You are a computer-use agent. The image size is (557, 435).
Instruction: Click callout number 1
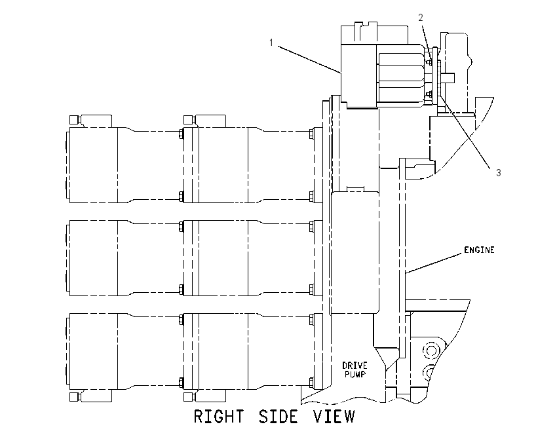(x=271, y=43)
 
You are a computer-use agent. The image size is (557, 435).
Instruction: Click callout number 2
(x=421, y=18)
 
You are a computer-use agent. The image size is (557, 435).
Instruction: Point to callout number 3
(x=499, y=172)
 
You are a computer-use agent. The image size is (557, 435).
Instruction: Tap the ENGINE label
(x=479, y=250)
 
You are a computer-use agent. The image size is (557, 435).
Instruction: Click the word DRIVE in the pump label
(x=355, y=366)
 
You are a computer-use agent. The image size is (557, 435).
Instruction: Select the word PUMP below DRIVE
(x=355, y=374)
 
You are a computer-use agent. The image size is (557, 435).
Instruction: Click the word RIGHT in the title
(x=219, y=417)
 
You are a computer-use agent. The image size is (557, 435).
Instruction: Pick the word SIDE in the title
(x=278, y=417)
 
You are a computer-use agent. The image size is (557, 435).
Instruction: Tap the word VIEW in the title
(x=334, y=417)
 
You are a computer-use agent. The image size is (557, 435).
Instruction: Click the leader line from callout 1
(x=309, y=59)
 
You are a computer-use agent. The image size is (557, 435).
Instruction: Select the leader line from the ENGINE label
(x=435, y=263)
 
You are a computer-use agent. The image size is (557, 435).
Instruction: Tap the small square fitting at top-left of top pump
(x=73, y=119)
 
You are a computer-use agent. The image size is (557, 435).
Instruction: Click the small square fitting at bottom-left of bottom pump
(x=73, y=396)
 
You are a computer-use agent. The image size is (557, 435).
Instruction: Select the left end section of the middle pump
(x=93, y=258)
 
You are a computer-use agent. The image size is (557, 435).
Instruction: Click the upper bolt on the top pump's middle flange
(x=181, y=134)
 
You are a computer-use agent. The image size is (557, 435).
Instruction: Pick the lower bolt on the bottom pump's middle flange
(x=181, y=382)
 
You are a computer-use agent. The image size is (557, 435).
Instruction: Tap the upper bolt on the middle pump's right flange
(x=311, y=227)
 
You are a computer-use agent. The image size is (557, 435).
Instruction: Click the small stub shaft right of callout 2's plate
(x=448, y=76)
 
